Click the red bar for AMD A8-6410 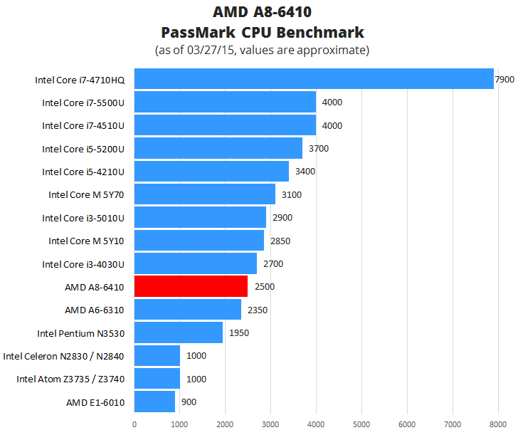coord(191,287)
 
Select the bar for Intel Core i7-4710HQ coord(314,80)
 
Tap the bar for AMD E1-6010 coord(154,402)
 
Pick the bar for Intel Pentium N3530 coord(179,333)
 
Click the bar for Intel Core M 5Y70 coord(205,194)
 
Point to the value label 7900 coord(504,80)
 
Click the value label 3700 coord(319,149)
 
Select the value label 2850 coord(280,241)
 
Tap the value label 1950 coord(239,333)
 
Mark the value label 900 coord(189,402)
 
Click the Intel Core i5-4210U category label coord(83,172)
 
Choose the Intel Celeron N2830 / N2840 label coord(64,356)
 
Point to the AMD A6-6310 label coord(95,310)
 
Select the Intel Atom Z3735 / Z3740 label coord(70,379)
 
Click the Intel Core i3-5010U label coord(83,218)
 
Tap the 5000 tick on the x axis coord(361,424)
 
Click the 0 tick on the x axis coord(134,424)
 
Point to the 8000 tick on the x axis coord(497,424)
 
